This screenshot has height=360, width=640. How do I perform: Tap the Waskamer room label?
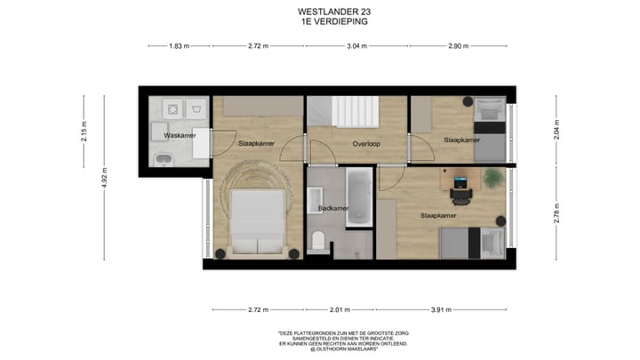click(x=166, y=135)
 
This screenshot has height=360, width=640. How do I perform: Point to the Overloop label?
click(x=367, y=143)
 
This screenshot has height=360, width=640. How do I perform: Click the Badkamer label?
click(x=332, y=208)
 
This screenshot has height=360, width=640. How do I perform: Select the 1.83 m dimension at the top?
click(x=179, y=46)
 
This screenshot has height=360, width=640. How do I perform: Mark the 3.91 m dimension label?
click(x=442, y=309)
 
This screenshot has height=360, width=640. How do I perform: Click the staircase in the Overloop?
click(x=355, y=114)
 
